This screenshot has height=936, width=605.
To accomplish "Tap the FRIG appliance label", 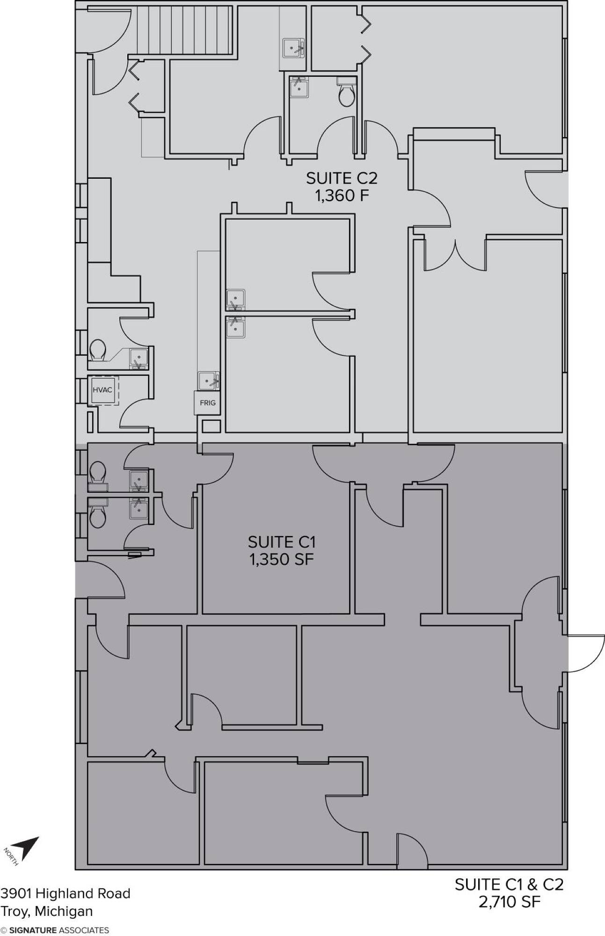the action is pyautogui.click(x=207, y=403).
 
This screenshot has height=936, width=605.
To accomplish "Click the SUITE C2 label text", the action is pyautogui.click(x=342, y=178).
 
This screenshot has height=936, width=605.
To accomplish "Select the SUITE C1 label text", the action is pyautogui.click(x=282, y=542).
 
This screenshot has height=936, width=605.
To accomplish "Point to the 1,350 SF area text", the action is pyautogui.click(x=282, y=559).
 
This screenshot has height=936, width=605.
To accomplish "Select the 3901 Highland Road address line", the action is pyautogui.click(x=65, y=893).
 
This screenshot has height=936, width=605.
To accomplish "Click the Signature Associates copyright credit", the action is pyautogui.click(x=55, y=930).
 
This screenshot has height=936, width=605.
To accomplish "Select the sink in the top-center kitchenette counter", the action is pyautogui.click(x=293, y=47).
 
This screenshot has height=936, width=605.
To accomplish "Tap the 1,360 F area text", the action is pyautogui.click(x=342, y=196).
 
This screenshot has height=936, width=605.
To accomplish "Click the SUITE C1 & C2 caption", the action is pyautogui.click(x=509, y=884).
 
